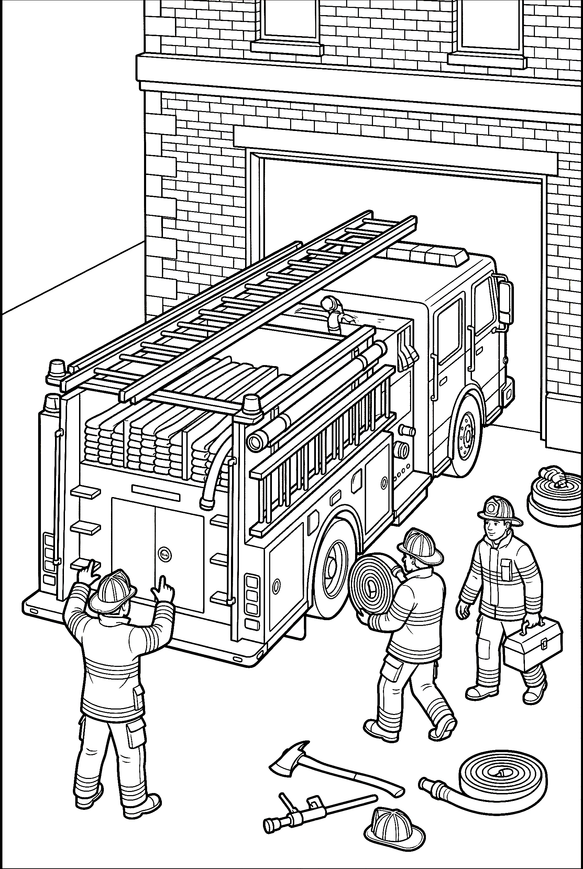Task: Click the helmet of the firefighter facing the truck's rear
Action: pos(111,591)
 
